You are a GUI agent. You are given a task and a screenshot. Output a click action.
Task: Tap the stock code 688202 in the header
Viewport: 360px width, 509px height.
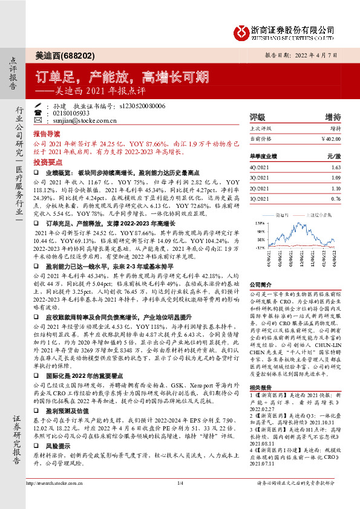coord(82,55)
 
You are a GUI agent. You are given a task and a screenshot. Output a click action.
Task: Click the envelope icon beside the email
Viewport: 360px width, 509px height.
coord(38,120)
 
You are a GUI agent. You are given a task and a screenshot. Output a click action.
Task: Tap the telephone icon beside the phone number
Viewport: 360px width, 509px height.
coord(38,113)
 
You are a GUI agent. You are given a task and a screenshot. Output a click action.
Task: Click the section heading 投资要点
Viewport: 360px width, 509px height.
coord(47,163)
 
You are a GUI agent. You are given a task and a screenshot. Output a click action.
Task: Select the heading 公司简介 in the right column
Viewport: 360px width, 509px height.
coord(261,284)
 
